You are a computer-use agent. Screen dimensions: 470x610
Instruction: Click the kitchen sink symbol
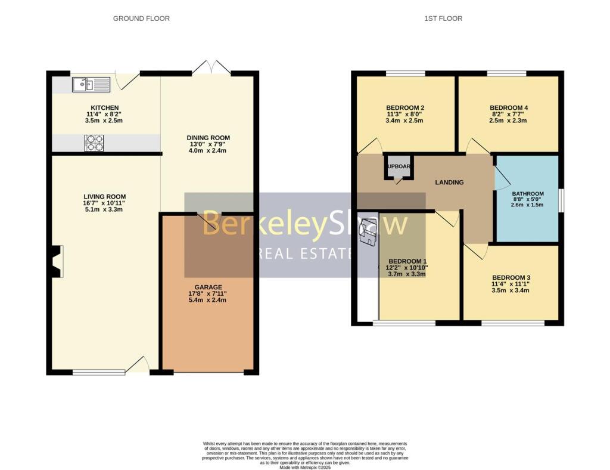pyautogui.click(x=91, y=85)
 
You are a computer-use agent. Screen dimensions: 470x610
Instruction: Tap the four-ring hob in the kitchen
pyautogui.click(x=94, y=143)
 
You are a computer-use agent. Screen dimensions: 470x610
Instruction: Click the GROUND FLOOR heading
pyautogui.click(x=141, y=18)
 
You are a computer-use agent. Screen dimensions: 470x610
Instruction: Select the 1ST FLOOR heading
pyautogui.click(x=443, y=18)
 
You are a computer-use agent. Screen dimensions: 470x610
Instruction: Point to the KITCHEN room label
pyautogui.click(x=105, y=108)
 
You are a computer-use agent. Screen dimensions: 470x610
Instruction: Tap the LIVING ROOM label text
pyautogui.click(x=105, y=197)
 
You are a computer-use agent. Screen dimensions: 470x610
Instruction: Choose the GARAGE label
pyautogui.click(x=207, y=286)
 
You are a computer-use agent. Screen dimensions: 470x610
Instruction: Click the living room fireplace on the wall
pyautogui.click(x=57, y=261)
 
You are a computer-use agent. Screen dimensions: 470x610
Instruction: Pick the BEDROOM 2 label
pyautogui.click(x=405, y=108)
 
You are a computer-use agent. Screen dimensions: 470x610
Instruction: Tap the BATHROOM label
pyautogui.click(x=528, y=194)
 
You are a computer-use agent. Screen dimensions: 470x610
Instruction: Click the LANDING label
pyautogui.click(x=449, y=183)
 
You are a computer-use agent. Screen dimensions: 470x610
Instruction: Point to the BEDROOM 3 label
pyautogui.click(x=511, y=277)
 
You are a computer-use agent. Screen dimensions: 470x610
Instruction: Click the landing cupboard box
pyautogui.click(x=398, y=167)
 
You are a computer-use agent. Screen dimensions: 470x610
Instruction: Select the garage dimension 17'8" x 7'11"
pyautogui.click(x=207, y=293)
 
